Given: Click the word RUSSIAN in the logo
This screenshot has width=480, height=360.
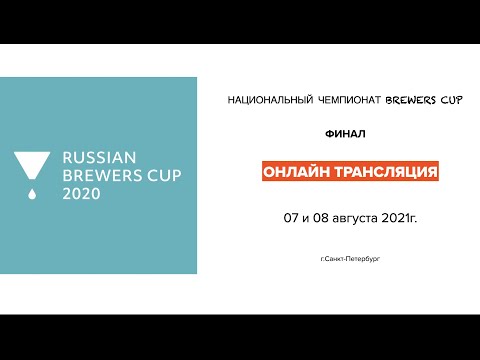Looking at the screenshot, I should [98, 157].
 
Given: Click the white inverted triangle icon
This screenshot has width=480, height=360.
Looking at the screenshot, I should [32, 166].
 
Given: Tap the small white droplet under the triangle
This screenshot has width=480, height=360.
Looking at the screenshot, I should [32, 192].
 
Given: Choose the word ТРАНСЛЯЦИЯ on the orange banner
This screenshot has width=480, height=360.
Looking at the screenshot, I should [383, 172].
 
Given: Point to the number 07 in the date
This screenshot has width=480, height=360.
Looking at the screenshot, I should [291, 217].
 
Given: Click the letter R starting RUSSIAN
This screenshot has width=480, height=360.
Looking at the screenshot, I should [68, 157].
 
